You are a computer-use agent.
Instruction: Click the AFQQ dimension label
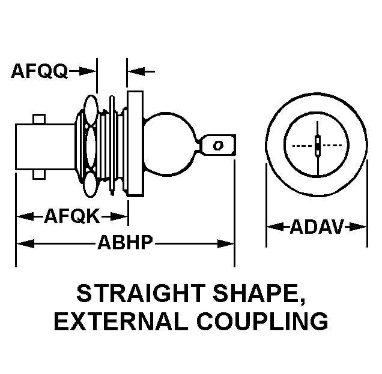(x=38, y=71)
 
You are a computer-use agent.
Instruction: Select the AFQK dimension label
(x=71, y=216)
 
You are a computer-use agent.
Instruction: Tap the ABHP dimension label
(x=125, y=243)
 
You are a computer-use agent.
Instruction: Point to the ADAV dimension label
(x=317, y=227)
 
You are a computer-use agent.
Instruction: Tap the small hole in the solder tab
(x=218, y=145)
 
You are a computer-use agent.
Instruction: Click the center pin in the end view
(x=317, y=144)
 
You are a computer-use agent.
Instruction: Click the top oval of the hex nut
(x=91, y=108)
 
